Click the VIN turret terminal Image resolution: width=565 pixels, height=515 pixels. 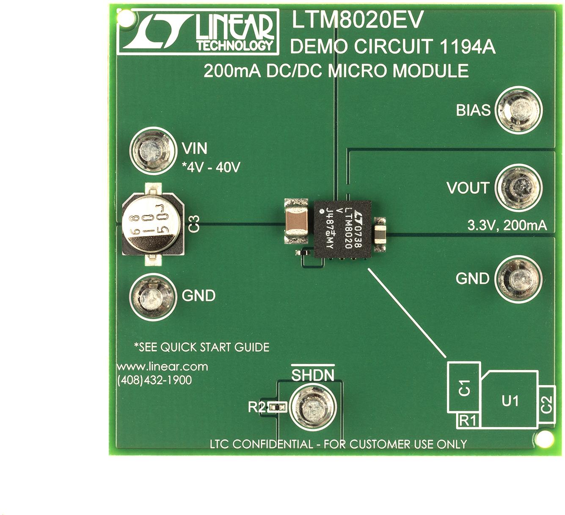pos(152,150)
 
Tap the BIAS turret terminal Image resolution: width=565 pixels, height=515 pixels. pos(518,110)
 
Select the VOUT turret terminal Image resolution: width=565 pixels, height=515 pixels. pos(518,187)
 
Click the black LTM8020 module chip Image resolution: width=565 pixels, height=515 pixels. pos(342,229)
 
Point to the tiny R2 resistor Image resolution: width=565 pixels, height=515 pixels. pos(278,407)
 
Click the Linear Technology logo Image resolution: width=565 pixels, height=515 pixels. pos(198,32)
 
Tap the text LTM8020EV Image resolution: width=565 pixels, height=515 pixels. pos(357,20)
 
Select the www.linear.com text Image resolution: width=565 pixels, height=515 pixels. pos(163,367)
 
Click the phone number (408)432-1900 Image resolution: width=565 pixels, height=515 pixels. pos(154,380)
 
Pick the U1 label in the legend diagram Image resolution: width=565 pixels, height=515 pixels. pos(510,400)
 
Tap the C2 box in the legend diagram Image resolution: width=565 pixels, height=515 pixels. pos(547,404)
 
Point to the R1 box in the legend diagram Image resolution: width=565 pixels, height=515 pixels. pos(468,420)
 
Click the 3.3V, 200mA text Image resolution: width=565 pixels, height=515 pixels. pos(507,225)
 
